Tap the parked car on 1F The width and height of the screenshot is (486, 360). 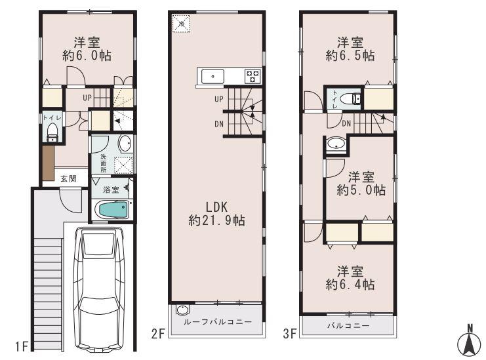[99, 288]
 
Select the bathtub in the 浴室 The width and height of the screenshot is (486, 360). [113, 211]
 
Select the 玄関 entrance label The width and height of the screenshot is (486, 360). [68, 178]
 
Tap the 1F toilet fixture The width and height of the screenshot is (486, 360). [52, 134]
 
